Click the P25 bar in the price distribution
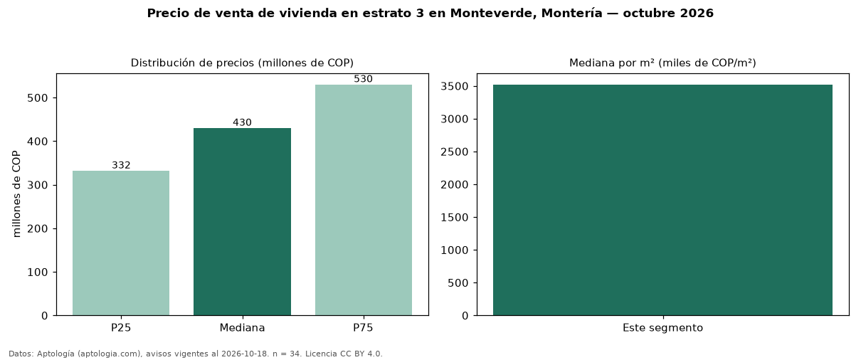121,243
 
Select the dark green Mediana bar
242,222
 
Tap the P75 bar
363,200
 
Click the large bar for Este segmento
662,200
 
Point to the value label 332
121,165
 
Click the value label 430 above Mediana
242,122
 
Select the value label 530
363,79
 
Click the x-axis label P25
121,328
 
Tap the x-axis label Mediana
242,328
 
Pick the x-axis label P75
363,328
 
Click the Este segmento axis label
662,328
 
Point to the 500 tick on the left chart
38,98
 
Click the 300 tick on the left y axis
38,185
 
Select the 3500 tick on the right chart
455,87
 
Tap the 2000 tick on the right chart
455,185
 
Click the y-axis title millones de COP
16,194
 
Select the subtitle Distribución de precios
193,63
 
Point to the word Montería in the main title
572,14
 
